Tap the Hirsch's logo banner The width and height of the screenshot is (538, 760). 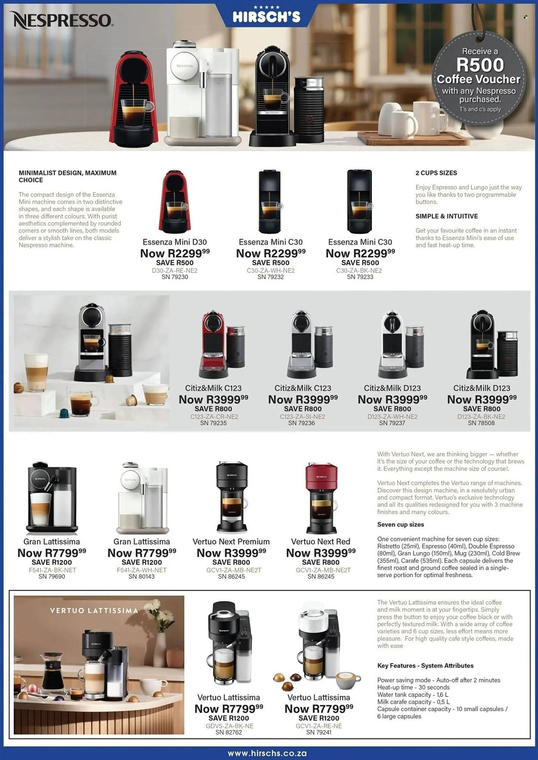click(x=266, y=16)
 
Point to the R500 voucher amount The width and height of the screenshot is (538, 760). click(x=480, y=65)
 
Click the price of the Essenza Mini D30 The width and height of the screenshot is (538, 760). click(x=175, y=253)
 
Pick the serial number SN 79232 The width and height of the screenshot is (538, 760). click(x=271, y=277)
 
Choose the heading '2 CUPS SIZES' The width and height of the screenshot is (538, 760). click(x=436, y=173)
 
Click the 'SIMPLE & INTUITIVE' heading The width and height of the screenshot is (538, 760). click(x=446, y=216)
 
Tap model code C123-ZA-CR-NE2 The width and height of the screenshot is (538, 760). click(x=214, y=416)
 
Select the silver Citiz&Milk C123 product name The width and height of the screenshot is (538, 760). click(x=303, y=388)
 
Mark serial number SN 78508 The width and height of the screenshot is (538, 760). click(x=481, y=423)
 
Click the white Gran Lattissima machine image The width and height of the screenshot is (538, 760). click(x=142, y=498)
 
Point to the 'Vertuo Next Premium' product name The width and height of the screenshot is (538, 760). click(x=231, y=541)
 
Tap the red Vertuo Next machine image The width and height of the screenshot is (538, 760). click(x=321, y=498)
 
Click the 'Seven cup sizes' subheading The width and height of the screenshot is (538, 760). click(x=400, y=524)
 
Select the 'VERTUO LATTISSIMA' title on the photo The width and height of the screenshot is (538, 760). click(x=93, y=611)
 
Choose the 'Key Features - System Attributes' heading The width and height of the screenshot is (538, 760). click(x=425, y=665)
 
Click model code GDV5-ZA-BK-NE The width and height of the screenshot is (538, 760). click(x=228, y=726)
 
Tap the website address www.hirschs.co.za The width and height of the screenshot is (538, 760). click(x=267, y=753)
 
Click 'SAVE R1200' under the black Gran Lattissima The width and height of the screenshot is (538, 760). click(x=52, y=562)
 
